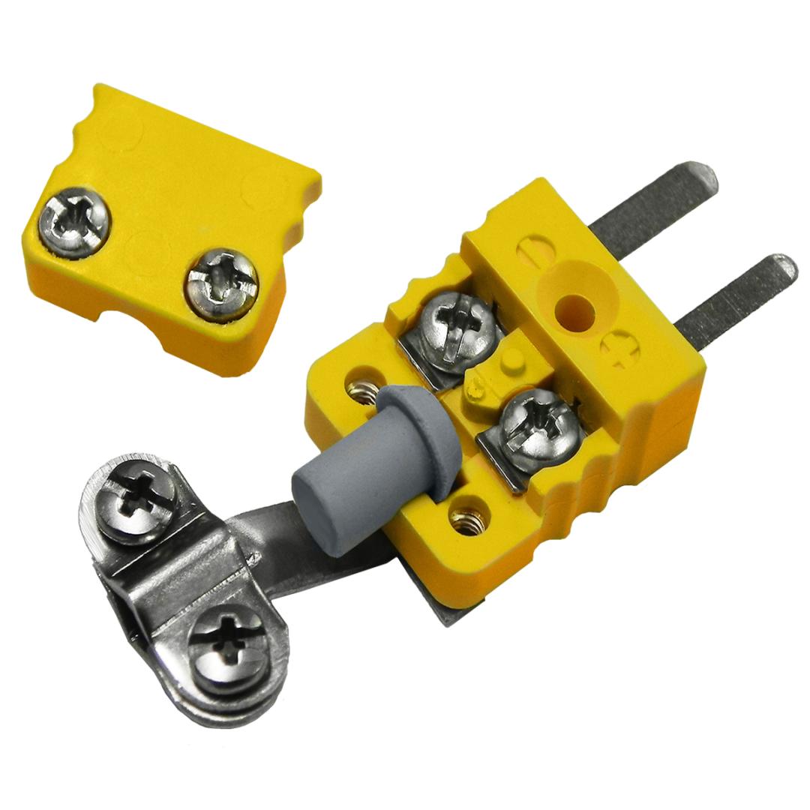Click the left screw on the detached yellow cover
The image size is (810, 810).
click(74, 222)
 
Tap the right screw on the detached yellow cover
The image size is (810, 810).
click(222, 284)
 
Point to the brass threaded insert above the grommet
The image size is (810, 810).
click(363, 388)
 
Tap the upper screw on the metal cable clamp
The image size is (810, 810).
click(138, 496)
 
